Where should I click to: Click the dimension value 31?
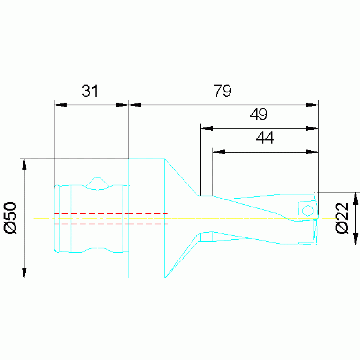click(x=90, y=91)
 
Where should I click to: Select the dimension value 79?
click(x=222, y=91)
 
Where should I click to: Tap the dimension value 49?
click(x=259, y=115)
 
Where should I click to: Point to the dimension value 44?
click(x=265, y=138)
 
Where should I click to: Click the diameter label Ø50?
click(x=11, y=218)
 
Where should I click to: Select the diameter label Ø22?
click(x=342, y=218)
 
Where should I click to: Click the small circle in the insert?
click(x=307, y=211)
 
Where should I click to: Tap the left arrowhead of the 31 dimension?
click(x=61, y=105)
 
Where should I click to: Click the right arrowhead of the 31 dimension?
click(x=122, y=105)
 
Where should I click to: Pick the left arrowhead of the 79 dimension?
click(x=135, y=105)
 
